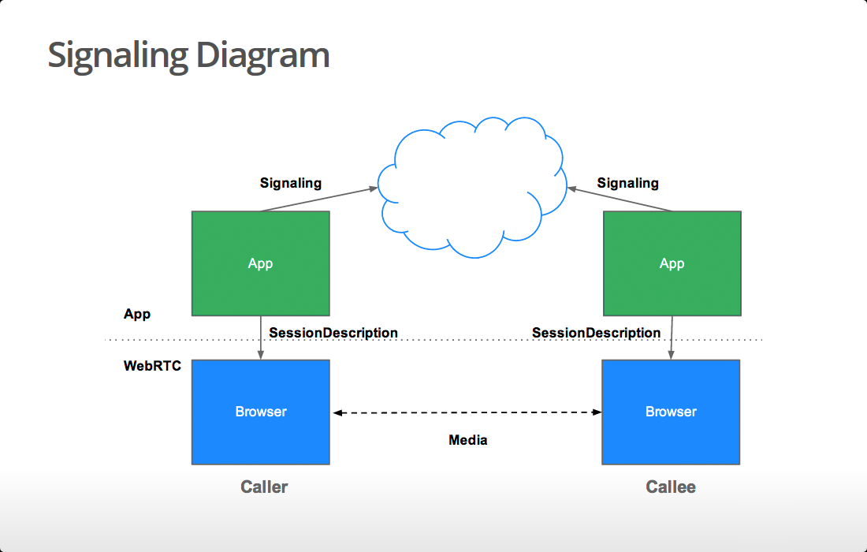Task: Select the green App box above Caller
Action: [260, 263]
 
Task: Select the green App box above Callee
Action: [672, 263]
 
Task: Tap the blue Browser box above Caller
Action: [260, 412]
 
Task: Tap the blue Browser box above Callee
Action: [671, 412]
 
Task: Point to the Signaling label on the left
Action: [291, 183]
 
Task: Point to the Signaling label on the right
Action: [627, 183]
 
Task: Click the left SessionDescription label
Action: [333, 333]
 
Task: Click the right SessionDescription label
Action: [596, 333]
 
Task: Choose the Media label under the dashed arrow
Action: [468, 440]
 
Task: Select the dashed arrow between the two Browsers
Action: [467, 412]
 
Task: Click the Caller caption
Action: [264, 487]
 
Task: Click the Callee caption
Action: [671, 487]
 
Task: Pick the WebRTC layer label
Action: [152, 366]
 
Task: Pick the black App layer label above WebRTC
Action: [137, 314]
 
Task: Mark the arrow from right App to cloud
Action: [620, 199]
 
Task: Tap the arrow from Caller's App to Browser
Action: [261, 338]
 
